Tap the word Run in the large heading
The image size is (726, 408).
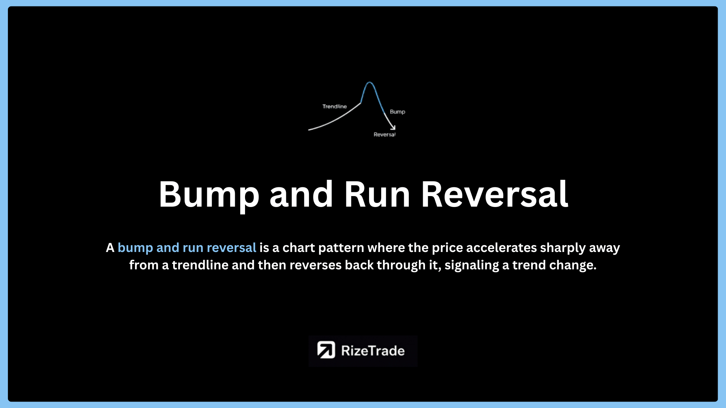[x=377, y=194]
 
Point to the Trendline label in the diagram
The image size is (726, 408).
[x=335, y=107]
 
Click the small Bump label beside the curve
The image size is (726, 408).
[x=397, y=112]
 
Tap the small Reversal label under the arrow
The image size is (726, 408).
[x=385, y=134]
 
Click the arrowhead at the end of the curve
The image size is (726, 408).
[x=393, y=127]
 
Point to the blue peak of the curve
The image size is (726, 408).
[x=369, y=82]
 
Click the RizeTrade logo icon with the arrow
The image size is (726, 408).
[x=326, y=350]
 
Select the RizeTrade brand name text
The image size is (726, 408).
[x=373, y=351]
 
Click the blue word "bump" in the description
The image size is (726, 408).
[x=135, y=248]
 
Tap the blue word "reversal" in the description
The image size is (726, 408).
[x=231, y=248]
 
